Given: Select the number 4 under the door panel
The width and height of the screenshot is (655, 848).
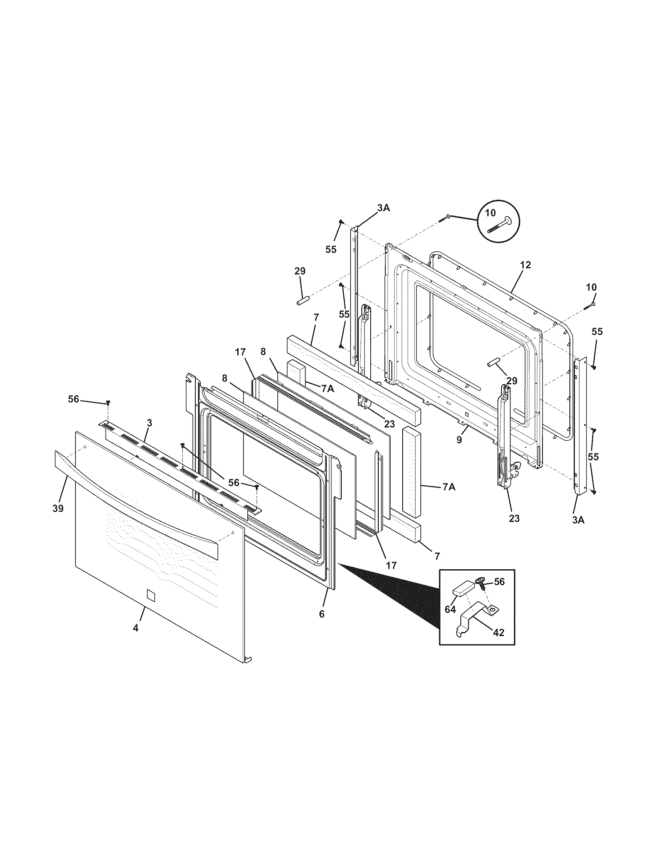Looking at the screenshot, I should [x=135, y=628].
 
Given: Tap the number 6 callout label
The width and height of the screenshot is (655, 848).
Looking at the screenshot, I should [x=322, y=614].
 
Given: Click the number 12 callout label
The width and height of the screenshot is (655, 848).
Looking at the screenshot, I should [x=526, y=265].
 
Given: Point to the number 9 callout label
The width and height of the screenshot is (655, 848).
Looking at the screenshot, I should [x=459, y=440].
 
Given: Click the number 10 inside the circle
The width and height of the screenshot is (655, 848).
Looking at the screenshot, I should [x=490, y=213].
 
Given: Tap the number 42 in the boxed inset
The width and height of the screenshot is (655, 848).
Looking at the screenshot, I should [x=499, y=633].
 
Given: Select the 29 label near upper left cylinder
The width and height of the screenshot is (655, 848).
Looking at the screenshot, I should [x=300, y=271].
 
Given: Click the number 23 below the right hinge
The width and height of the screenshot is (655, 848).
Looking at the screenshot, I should [x=514, y=518].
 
